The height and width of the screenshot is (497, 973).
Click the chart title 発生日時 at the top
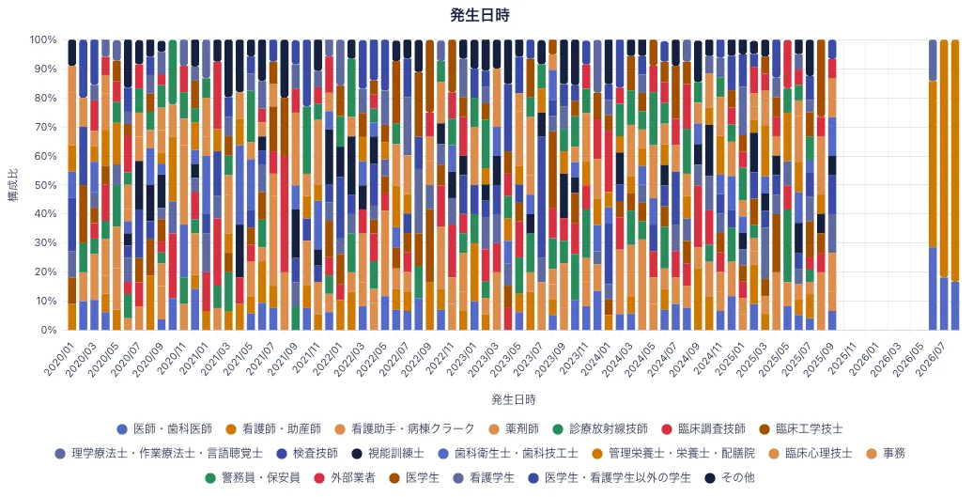point(480,16)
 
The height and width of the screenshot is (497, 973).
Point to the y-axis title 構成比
point(13,185)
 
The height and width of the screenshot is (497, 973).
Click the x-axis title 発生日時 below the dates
point(513,399)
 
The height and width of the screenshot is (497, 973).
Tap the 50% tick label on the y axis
point(47,185)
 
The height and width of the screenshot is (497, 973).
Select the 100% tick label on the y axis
point(43,39)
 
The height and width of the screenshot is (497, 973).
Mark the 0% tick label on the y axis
point(49,330)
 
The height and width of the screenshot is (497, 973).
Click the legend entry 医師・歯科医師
point(164,428)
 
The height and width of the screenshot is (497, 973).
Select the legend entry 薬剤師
point(514,428)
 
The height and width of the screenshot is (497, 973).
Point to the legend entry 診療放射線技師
point(600,428)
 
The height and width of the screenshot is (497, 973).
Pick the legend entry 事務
point(886,454)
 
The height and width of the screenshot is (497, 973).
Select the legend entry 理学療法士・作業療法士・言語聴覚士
point(158,454)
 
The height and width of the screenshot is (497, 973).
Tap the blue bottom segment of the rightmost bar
point(955,306)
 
